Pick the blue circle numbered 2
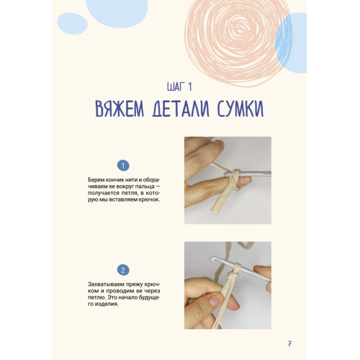123,270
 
